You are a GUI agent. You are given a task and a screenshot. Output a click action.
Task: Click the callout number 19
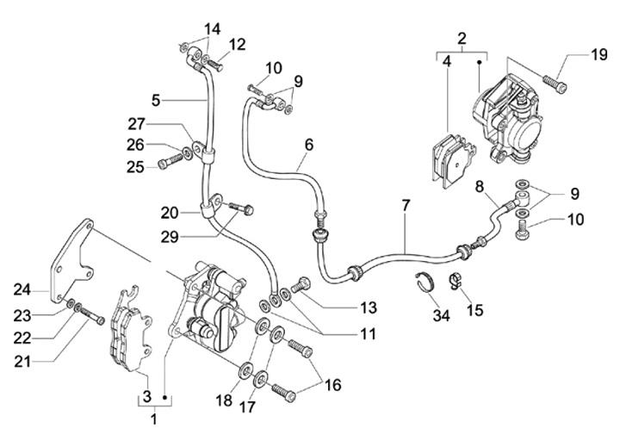[x=599, y=54]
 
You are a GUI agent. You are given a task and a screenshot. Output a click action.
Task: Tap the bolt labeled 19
[x=555, y=83]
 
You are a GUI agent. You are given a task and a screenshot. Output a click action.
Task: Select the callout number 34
[x=441, y=316]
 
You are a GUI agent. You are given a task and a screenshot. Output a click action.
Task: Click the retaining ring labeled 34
[x=426, y=282]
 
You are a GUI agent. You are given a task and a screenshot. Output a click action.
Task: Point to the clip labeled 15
[x=456, y=280]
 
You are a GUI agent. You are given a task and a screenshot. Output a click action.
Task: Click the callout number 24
[x=22, y=289]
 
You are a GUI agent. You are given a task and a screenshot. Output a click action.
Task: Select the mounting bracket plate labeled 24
[x=71, y=261]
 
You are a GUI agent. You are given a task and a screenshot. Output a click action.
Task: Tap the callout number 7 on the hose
[x=406, y=206]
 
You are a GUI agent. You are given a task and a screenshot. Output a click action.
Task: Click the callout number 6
[x=309, y=145]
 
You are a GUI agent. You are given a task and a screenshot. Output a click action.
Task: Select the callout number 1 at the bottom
[x=154, y=419]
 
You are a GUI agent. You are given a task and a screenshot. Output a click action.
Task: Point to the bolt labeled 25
[x=170, y=161]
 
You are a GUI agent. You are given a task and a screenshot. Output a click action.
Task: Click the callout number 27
[x=136, y=124]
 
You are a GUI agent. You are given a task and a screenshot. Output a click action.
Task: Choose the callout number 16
[x=333, y=385]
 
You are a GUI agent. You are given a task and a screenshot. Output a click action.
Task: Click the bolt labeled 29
[x=241, y=208]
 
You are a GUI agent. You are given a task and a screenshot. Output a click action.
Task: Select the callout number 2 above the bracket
[x=462, y=39]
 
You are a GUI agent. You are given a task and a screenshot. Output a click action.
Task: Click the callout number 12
[x=237, y=44]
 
